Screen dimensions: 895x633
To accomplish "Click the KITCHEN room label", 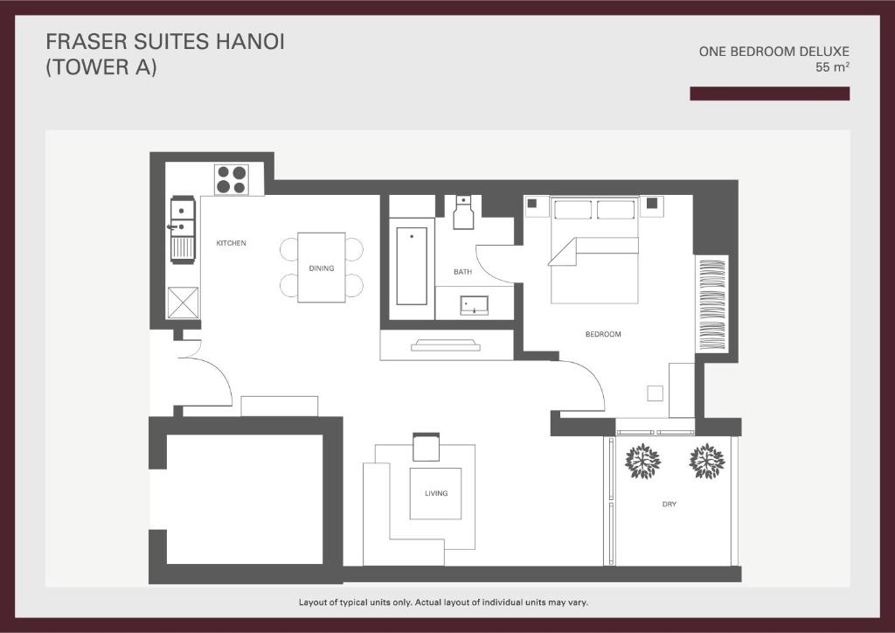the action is [231, 243].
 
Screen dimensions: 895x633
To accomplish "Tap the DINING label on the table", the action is [322, 268].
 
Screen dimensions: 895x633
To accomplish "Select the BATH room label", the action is [463, 272].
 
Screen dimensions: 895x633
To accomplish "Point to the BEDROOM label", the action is [603, 334].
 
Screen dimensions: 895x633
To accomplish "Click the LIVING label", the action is [436, 493].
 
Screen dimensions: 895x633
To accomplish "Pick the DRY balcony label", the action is [670, 504].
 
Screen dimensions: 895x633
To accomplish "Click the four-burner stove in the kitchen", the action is [231, 179].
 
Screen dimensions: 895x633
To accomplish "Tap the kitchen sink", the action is [183, 218].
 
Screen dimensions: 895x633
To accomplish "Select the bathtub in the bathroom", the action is [412, 267].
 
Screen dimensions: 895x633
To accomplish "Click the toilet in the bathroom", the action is [463, 212].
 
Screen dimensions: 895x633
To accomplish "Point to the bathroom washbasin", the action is [475, 305].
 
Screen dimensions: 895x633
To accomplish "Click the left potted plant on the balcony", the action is [642, 461].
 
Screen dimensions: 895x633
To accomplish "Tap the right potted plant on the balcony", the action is [706, 461].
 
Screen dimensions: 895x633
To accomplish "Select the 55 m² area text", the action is [832, 66].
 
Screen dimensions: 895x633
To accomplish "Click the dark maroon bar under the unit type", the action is [769, 94].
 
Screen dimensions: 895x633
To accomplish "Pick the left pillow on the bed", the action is [572, 210].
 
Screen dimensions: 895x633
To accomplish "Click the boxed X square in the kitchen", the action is [183, 303].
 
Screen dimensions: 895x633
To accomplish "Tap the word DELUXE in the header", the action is [823, 52].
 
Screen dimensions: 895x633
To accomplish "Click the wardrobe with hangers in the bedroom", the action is [711, 304].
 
